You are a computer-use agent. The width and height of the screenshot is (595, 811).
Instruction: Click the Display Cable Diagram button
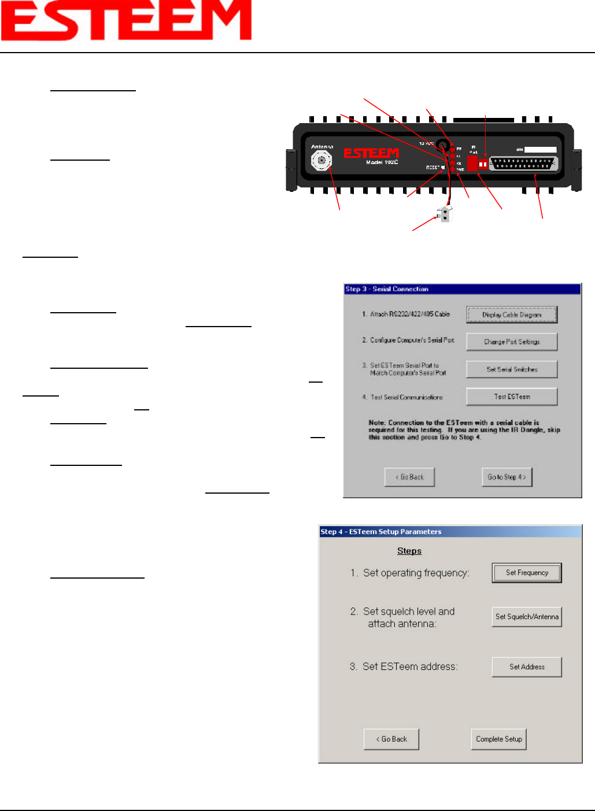[x=512, y=315]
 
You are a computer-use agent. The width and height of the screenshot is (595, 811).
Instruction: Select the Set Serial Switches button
[x=512, y=369]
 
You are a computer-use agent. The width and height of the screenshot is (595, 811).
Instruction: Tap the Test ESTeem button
[x=512, y=397]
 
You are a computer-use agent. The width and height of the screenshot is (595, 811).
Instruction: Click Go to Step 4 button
[x=507, y=477]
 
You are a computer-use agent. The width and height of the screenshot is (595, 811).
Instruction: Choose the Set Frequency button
[x=527, y=573]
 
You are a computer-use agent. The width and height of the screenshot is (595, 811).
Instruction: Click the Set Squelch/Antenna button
[x=527, y=617]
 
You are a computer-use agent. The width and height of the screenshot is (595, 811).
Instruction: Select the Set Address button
[x=527, y=666]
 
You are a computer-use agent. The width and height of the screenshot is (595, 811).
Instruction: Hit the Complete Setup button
[x=498, y=739]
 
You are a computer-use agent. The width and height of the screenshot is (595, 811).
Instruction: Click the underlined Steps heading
[x=409, y=551]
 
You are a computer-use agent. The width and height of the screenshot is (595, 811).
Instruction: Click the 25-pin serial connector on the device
[x=524, y=164]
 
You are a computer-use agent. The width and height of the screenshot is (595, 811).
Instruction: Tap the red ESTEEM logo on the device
[x=371, y=153]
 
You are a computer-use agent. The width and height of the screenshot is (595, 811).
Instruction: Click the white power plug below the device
[x=445, y=214]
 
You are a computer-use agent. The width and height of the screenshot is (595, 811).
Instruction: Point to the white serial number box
[x=540, y=150]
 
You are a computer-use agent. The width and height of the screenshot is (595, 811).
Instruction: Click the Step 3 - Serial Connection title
[x=387, y=289]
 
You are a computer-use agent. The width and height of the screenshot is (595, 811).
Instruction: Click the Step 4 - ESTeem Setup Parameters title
[x=381, y=532]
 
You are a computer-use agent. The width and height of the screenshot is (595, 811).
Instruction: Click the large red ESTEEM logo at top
[x=126, y=20]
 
